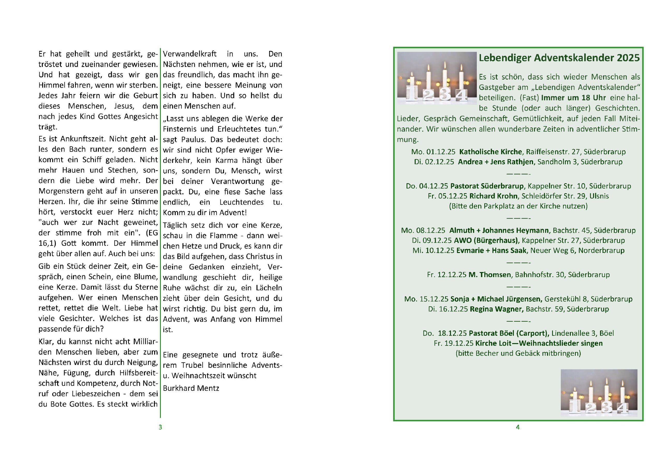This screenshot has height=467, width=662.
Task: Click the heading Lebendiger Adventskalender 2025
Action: coord(559,58)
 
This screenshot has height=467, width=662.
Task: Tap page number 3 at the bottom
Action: coord(160,427)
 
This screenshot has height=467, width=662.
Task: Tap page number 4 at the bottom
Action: coord(518,427)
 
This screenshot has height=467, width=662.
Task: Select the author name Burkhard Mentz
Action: coord(191,388)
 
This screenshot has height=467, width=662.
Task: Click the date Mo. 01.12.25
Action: coord(433,152)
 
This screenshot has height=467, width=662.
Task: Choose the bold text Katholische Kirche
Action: coord(490,152)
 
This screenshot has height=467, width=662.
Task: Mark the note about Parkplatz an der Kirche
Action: coord(518,206)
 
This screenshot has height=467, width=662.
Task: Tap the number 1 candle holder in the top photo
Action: coord(412,94)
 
